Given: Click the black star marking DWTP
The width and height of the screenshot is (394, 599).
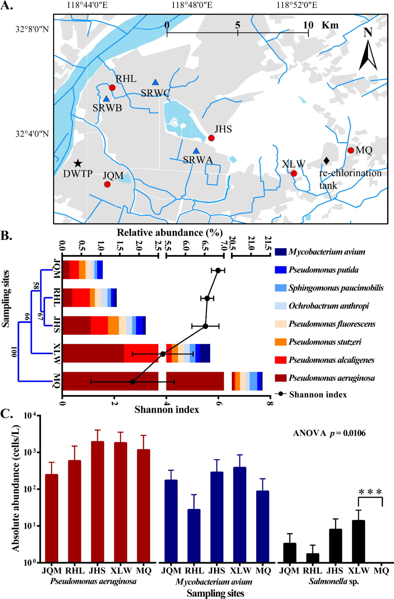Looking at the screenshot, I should (78, 164).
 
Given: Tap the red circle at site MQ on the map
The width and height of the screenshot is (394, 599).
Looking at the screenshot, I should (350, 150).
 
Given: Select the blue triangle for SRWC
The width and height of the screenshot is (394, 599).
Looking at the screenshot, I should (155, 82).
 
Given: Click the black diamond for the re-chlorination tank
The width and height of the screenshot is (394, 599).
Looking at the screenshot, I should (326, 161).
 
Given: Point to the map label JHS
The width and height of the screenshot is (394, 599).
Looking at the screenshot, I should (223, 129).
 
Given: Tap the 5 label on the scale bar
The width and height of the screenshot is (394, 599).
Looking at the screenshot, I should (237, 25).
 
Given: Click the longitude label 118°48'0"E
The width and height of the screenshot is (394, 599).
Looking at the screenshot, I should (192, 5).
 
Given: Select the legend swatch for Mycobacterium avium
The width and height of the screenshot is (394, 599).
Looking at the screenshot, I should (281, 252).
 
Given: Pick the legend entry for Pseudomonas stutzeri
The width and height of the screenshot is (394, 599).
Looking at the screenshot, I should (325, 342).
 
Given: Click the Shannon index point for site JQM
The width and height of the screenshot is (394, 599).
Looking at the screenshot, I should (218, 270).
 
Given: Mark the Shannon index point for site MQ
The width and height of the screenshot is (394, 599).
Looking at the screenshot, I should (132, 382).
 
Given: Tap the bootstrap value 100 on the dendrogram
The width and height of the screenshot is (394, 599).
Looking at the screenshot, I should (14, 351).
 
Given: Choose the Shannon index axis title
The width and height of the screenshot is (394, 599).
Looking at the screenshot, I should (167, 410).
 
